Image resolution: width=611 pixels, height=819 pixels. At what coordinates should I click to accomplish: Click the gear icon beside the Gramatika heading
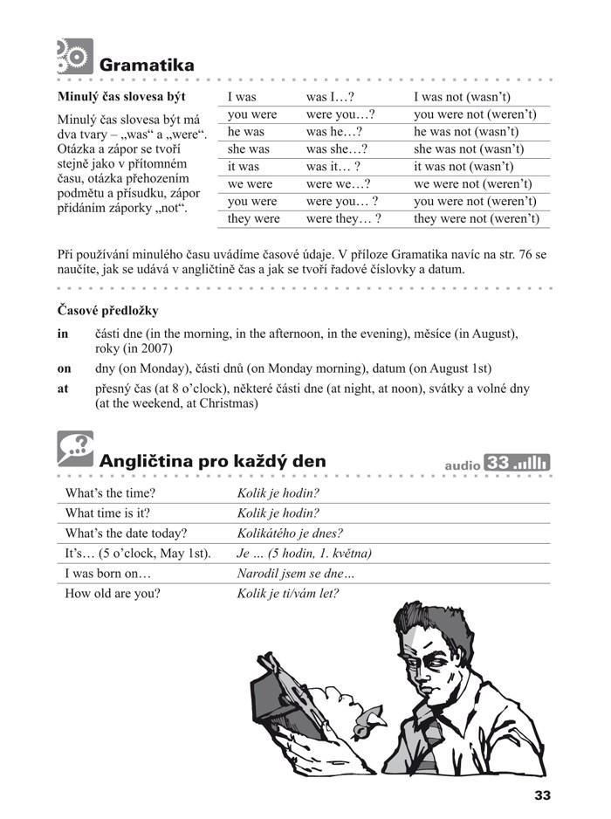tap(73, 56)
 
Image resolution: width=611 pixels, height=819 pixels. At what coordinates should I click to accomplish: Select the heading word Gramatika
tap(147, 65)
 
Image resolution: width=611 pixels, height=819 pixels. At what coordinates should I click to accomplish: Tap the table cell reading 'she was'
tap(249, 149)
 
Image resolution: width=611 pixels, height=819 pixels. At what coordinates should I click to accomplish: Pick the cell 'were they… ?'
tap(343, 219)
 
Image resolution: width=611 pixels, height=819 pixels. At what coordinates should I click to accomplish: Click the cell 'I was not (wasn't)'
tap(462, 97)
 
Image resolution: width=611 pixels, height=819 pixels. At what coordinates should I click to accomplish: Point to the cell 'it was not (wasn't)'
tap(463, 167)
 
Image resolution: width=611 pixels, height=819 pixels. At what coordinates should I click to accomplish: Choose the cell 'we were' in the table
tap(251, 184)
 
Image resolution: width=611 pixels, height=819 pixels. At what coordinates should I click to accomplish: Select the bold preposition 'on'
tap(63, 368)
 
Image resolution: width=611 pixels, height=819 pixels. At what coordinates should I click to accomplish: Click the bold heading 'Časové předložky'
tap(107, 310)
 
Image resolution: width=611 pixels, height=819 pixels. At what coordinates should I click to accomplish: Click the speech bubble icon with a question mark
tap(74, 448)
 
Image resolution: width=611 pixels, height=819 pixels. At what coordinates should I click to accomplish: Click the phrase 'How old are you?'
tap(113, 594)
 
